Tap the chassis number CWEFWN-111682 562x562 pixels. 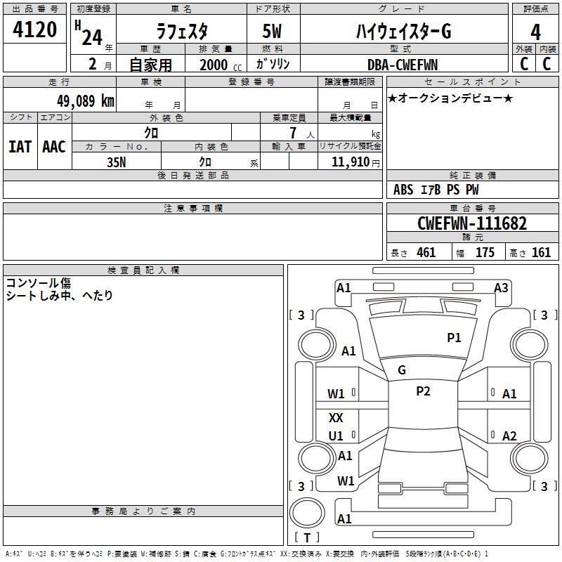tap(471, 223)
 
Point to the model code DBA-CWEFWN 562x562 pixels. tap(403, 65)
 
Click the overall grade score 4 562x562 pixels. tap(536, 31)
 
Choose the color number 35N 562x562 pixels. tap(116, 162)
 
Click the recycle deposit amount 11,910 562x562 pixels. tap(349, 162)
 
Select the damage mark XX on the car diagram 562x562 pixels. tap(336, 417)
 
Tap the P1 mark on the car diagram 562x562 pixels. tap(454, 338)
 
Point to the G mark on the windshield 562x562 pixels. tap(402, 370)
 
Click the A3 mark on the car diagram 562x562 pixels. tap(501, 287)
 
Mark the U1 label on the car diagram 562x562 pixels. tap(336, 436)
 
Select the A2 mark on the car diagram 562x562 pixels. tap(509, 436)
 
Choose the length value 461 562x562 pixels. tap(426, 253)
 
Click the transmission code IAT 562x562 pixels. tap(20, 146)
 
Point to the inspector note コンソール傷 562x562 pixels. tap(39, 282)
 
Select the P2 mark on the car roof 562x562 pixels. tap(423, 391)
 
